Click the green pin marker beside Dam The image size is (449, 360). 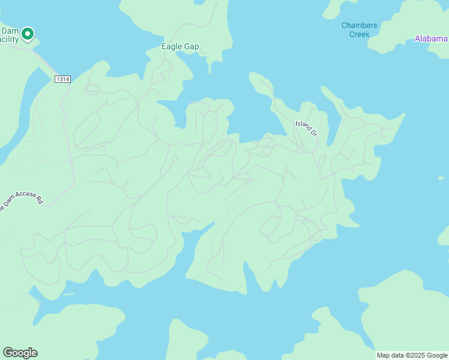tap(27, 35)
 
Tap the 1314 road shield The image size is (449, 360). tap(62, 79)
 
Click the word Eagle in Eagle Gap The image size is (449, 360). tap(171, 47)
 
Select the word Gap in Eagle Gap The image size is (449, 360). tap(191, 47)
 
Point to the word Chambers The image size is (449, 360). tap(359, 25)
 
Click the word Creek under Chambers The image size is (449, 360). tap(359, 34)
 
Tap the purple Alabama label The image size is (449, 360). tap(432, 39)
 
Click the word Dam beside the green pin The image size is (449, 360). tap(10, 31)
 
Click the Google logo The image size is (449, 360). tap(20, 353)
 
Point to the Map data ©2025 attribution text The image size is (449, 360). tap(411, 355)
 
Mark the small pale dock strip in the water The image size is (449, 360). tap(68, 294)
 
